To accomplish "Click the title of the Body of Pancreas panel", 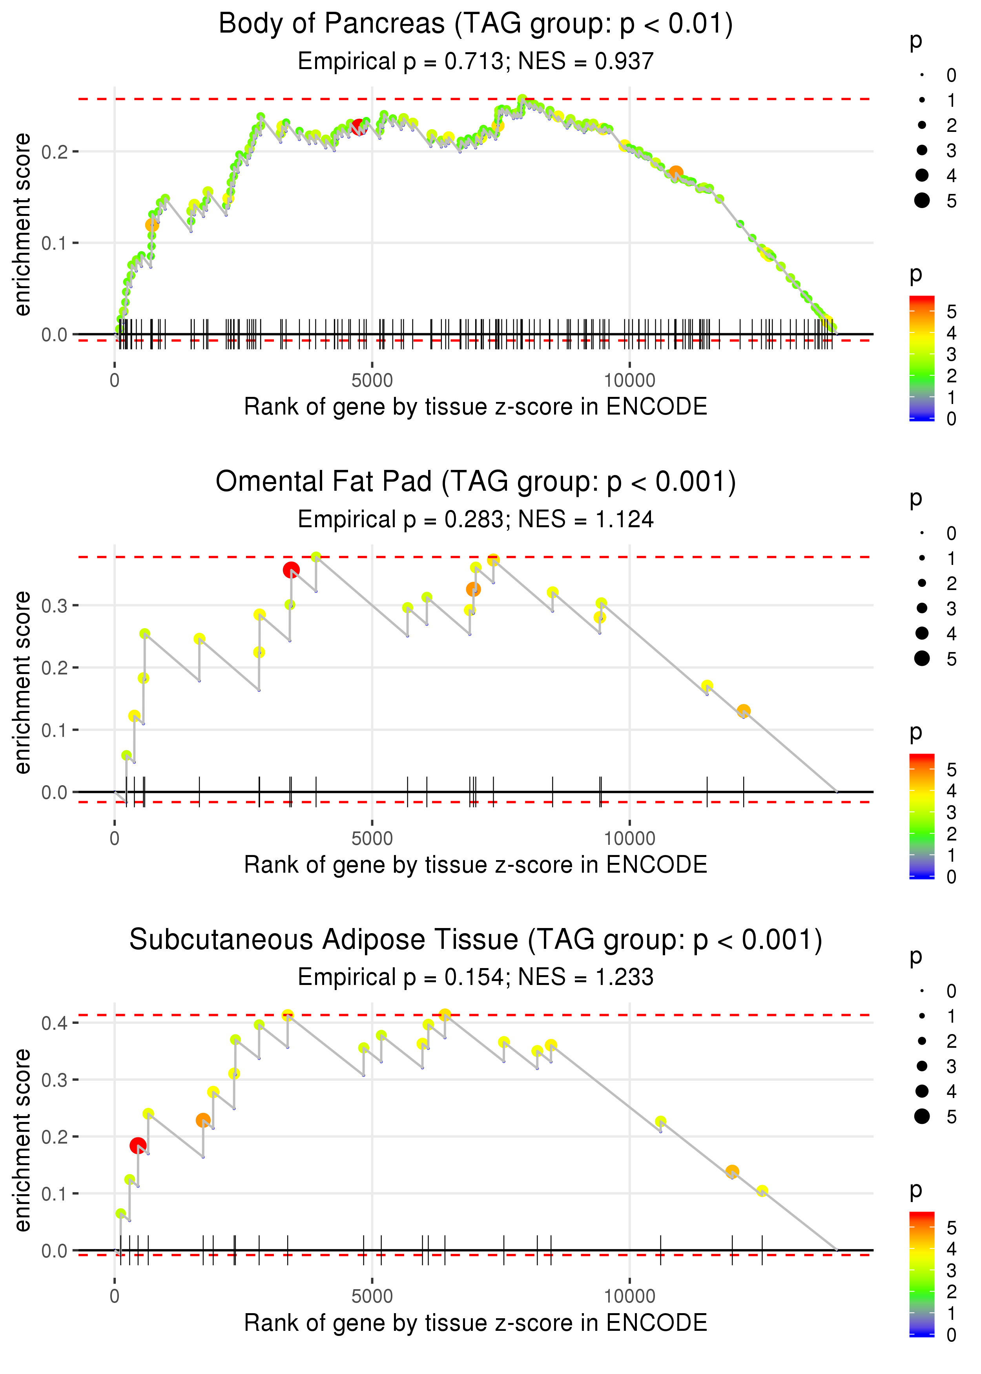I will pyautogui.click(x=476, y=24).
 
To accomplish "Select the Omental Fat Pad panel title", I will pyautogui.click(x=476, y=482).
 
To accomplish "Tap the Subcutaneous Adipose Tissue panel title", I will pyautogui.click(x=476, y=940).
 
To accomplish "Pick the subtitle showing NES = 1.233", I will pyautogui.click(x=476, y=978).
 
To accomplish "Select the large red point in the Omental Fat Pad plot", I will pyautogui.click(x=291, y=570).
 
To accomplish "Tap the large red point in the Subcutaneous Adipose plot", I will pyautogui.click(x=138, y=1146).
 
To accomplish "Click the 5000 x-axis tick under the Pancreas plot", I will pyautogui.click(x=372, y=381).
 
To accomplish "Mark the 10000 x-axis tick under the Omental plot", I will pyautogui.click(x=629, y=839).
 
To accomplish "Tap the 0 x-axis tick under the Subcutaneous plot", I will pyautogui.click(x=115, y=1297).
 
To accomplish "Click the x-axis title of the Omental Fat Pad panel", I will pyautogui.click(x=476, y=865).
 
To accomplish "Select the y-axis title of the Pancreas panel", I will pyautogui.click(x=22, y=225).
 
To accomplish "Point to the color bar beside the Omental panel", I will pyautogui.click(x=922, y=816).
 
